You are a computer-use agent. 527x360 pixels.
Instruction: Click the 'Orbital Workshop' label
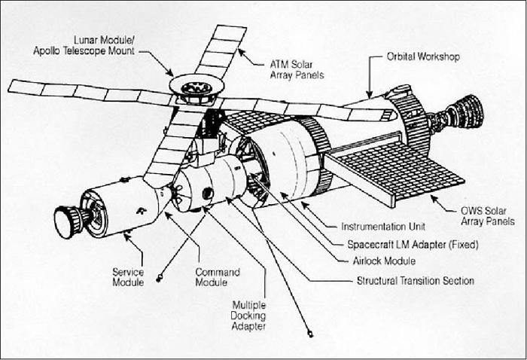point(423,56)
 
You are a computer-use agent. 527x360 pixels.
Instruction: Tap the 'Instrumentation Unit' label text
point(383,227)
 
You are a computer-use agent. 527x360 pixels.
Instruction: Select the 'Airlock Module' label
point(384,261)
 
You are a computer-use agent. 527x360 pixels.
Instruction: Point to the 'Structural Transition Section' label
point(416,281)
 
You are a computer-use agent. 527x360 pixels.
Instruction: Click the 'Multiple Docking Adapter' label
point(248,316)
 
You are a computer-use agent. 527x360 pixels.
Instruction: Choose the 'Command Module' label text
point(218,277)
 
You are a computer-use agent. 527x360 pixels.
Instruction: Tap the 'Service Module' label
point(128,277)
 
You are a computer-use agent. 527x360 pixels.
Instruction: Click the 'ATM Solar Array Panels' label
point(297,69)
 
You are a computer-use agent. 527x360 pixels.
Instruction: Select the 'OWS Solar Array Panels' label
point(488,216)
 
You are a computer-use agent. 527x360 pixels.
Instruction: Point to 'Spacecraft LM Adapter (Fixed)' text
point(413,244)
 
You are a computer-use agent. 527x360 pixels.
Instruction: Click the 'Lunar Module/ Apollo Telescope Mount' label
point(84,45)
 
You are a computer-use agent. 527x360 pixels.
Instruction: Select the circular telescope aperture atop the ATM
point(196,88)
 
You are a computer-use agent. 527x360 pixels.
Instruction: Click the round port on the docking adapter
point(207,194)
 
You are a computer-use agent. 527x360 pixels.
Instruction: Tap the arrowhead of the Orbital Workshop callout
point(370,95)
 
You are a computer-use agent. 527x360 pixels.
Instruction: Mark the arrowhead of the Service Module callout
point(126,236)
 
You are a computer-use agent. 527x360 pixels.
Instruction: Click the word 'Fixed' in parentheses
point(464,244)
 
